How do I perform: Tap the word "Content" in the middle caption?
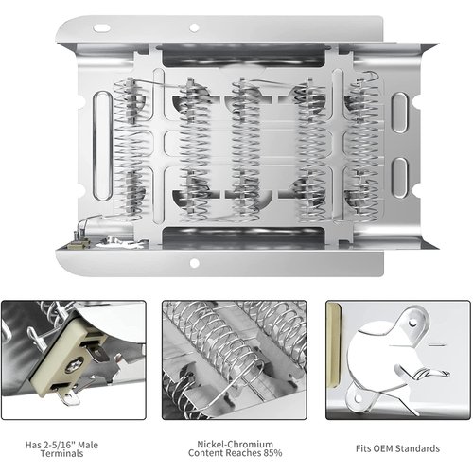point(209,456)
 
